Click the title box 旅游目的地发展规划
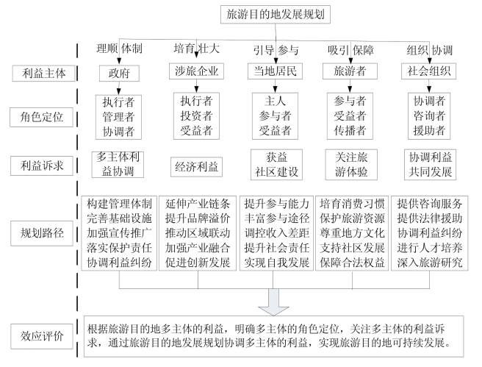275,14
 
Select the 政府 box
119,74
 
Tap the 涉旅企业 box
196,71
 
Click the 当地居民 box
275,71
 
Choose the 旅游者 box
350,71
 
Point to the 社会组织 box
429,71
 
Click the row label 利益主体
43,74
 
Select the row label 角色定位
41,117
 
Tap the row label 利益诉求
42,165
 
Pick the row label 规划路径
42,233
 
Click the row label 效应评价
42,336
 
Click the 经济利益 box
196,167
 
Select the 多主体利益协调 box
118,164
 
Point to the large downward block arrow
273,302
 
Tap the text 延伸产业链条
198,204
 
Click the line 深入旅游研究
429,263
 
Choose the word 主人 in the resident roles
275,101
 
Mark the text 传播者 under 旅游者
350,130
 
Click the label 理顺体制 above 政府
119,49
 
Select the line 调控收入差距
277,233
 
